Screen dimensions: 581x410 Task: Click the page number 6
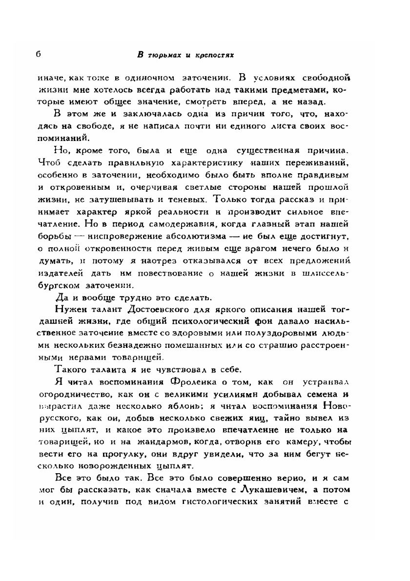[x=38, y=54]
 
